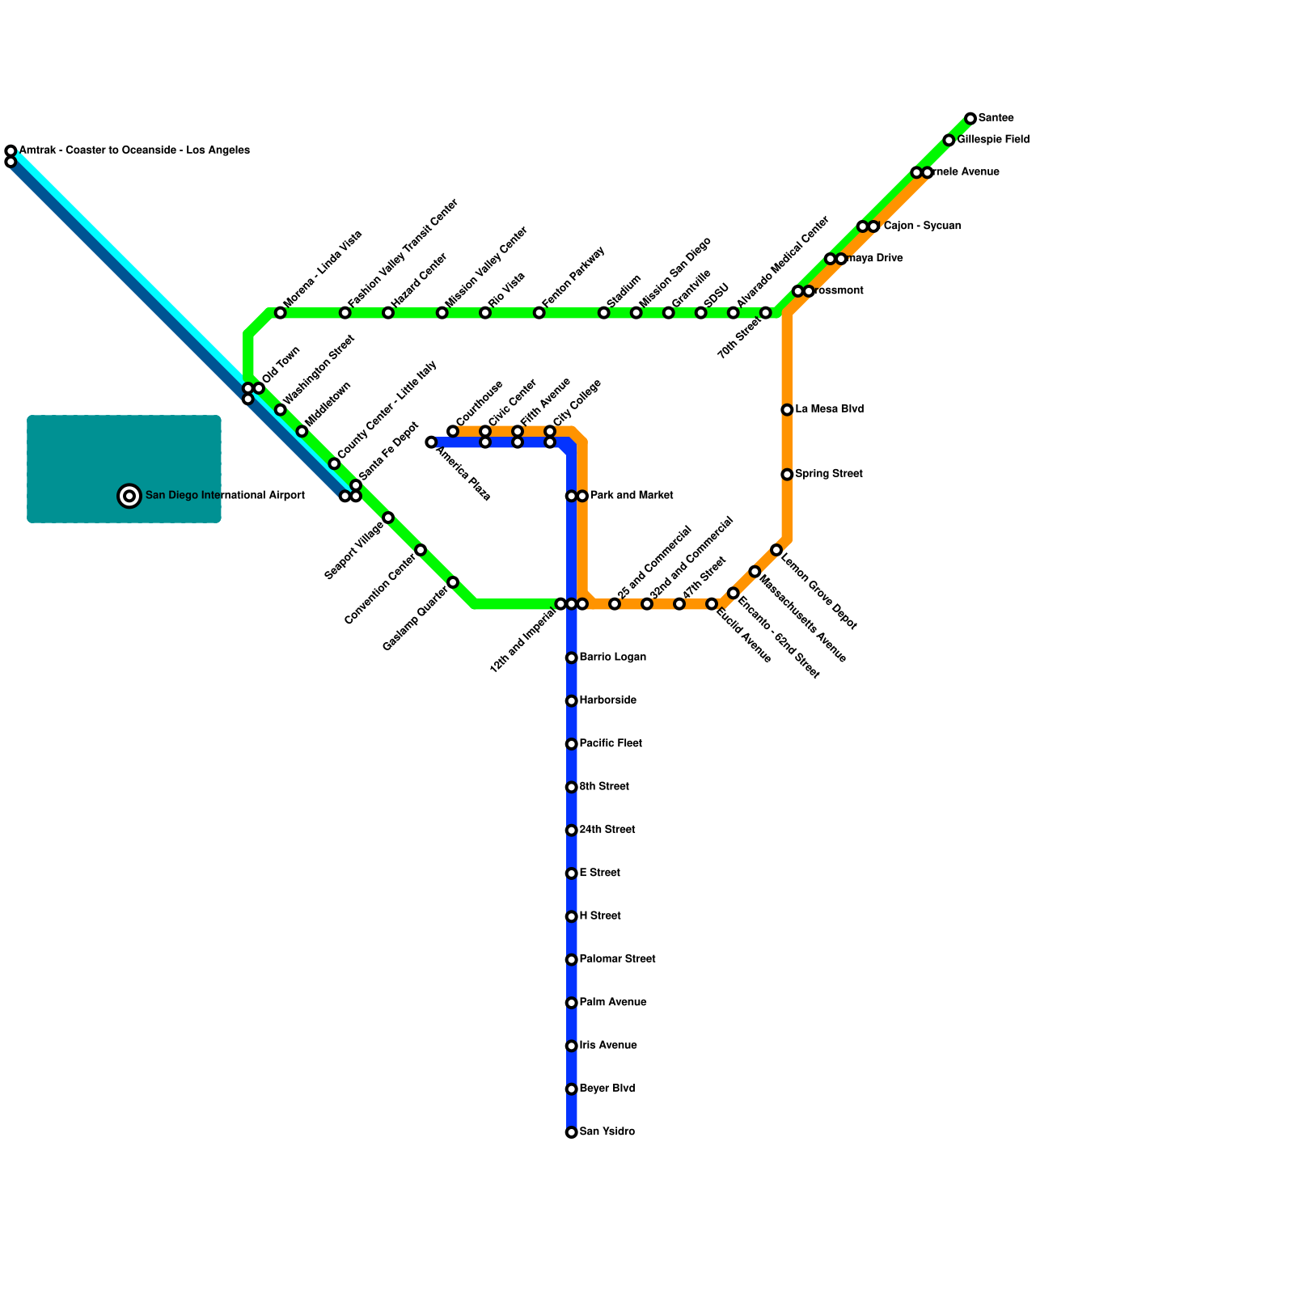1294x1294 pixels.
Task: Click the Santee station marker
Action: pyautogui.click(x=970, y=119)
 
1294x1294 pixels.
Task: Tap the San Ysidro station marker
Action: pyautogui.click(x=572, y=1132)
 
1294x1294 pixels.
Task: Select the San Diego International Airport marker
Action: pyautogui.click(x=129, y=496)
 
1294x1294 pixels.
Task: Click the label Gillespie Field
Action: pyautogui.click(x=993, y=140)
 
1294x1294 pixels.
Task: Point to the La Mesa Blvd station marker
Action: pyautogui.click(x=787, y=410)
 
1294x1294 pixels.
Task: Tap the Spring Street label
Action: pyautogui.click(x=829, y=474)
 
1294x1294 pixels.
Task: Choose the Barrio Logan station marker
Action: pyautogui.click(x=572, y=658)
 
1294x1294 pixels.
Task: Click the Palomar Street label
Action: pyautogui.click(x=617, y=959)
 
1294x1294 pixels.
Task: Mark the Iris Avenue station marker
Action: pyautogui.click(x=572, y=1047)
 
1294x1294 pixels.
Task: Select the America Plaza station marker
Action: pyautogui.click(x=431, y=442)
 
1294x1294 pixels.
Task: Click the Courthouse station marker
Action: pyautogui.click(x=453, y=431)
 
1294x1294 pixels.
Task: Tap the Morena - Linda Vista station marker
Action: pyautogui.click(x=281, y=313)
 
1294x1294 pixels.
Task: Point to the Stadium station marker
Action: pyautogui.click(x=604, y=313)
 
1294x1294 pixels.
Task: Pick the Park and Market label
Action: pyautogui.click(x=632, y=495)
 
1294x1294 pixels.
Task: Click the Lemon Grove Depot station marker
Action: pyautogui.click(x=776, y=550)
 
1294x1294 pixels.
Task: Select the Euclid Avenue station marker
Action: pyautogui.click(x=712, y=604)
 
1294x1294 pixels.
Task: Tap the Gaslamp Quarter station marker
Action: pyautogui.click(x=453, y=582)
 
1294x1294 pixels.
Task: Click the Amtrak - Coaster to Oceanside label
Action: pyautogui.click(x=134, y=150)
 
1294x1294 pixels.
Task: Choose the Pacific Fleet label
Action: pyautogui.click(x=611, y=743)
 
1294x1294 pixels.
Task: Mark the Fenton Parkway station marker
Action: pyautogui.click(x=539, y=313)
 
